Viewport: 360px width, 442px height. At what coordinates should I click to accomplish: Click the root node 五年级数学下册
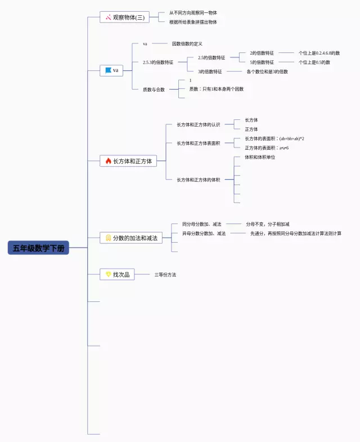tap(39, 248)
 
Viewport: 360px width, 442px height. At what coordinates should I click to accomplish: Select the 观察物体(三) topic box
tap(124, 17)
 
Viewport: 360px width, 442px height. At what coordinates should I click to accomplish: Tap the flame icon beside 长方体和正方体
tap(109, 161)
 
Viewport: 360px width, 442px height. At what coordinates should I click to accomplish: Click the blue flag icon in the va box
tap(108, 70)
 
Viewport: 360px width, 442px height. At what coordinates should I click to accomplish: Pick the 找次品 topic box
tap(117, 274)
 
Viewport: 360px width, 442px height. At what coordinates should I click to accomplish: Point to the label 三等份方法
tap(165, 275)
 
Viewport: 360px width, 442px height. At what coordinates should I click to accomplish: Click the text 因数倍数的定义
tap(187, 44)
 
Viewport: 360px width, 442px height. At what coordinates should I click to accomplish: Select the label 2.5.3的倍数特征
tap(158, 62)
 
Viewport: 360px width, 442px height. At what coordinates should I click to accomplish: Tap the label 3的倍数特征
tap(210, 72)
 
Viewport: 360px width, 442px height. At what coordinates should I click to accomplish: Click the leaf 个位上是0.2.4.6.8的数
tap(319, 53)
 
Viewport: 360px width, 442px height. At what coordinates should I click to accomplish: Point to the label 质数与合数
tap(154, 90)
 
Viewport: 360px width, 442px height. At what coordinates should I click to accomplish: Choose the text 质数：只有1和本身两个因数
tap(217, 89)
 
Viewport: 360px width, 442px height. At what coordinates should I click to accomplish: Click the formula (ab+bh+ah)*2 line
tap(274, 139)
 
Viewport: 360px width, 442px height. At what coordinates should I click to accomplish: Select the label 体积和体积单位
tap(260, 157)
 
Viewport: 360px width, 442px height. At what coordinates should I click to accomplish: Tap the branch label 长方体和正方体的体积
tap(199, 180)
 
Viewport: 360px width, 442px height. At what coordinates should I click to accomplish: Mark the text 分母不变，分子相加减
tap(268, 224)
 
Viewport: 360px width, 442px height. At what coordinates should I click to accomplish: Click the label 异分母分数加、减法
tap(204, 233)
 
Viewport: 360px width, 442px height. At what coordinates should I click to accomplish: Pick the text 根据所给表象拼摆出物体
tap(193, 22)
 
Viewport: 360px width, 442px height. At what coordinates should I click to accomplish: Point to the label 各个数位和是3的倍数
tap(267, 72)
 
